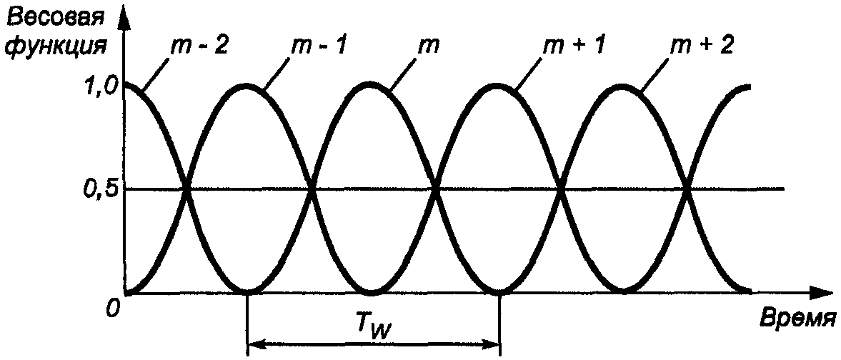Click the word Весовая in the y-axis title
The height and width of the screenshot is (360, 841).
[x=55, y=16]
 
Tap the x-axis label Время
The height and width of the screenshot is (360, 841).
[x=797, y=316]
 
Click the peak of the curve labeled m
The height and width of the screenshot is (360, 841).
[x=372, y=84]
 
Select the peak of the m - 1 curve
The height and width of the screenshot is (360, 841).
[x=247, y=85]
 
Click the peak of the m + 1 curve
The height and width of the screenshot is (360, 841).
[x=499, y=85]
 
